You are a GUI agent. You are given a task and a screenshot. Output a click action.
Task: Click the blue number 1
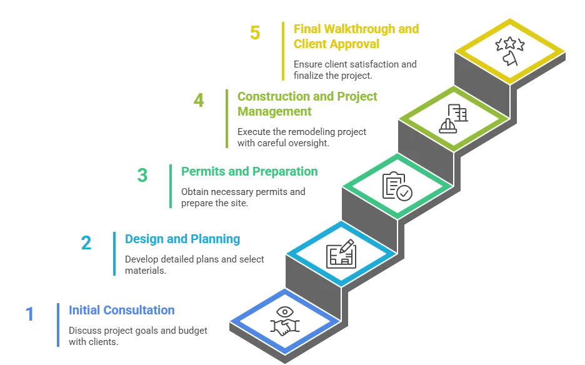coord(29,314)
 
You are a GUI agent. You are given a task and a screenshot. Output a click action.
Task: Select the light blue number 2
coord(86,242)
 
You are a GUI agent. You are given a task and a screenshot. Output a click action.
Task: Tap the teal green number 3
coord(142,175)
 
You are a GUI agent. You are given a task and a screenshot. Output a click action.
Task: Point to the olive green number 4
coord(199,101)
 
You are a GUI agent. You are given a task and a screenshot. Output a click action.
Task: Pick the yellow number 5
coord(254,32)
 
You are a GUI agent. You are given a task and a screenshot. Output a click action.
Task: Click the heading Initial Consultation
coord(121,310)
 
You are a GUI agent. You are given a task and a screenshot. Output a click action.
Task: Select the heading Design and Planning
coord(182,239)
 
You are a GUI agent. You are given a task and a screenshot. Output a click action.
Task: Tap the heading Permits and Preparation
coord(249,171)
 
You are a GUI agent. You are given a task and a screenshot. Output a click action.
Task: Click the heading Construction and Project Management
coord(306,104)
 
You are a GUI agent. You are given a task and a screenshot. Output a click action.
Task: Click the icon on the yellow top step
coord(509,51)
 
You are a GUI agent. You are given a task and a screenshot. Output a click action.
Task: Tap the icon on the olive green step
coord(453,117)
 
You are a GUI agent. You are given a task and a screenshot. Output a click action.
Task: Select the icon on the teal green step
coord(397,186)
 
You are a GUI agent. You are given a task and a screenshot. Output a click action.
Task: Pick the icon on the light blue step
coord(342,253)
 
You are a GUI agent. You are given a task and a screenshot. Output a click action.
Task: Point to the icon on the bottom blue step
coord(285,321)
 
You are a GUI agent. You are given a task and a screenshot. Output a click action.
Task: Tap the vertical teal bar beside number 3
coord(169,185)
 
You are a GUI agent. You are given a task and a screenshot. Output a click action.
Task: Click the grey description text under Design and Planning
coord(194,264)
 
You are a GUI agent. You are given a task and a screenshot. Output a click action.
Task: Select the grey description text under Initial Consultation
coord(137,334)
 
